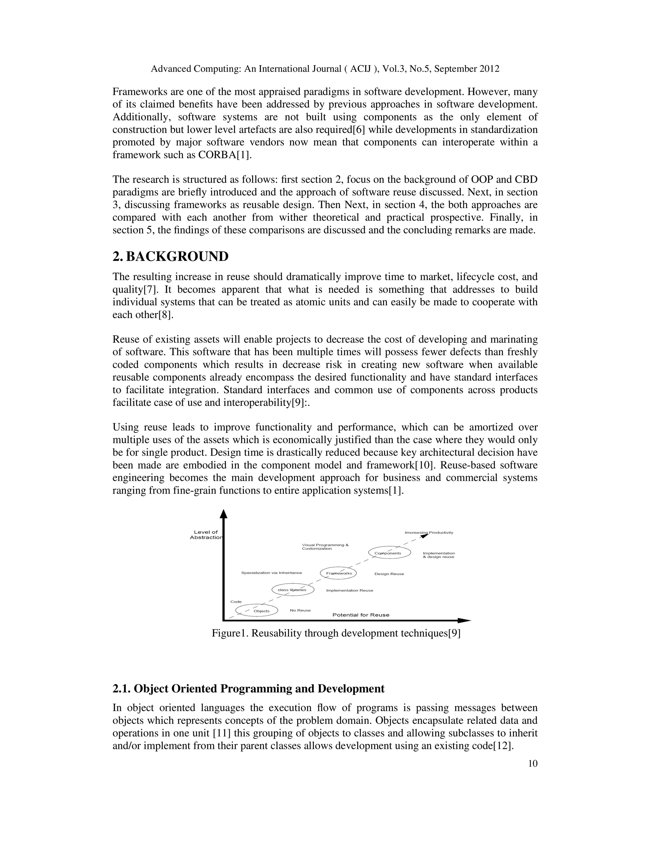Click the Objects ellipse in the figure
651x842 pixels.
coord(257,611)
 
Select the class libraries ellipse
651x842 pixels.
coord(293,589)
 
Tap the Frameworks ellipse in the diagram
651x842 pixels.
coord(339,573)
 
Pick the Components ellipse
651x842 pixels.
coord(389,553)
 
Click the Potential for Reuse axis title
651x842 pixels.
coord(360,615)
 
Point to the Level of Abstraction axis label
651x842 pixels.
coord(206,535)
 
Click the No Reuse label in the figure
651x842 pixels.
coord(300,610)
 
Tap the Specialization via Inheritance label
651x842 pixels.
coord(271,573)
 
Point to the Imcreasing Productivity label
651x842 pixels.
coord(429,533)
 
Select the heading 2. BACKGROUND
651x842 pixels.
coord(170,256)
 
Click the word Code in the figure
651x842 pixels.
coord(236,602)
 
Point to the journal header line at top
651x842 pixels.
coord(325,69)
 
